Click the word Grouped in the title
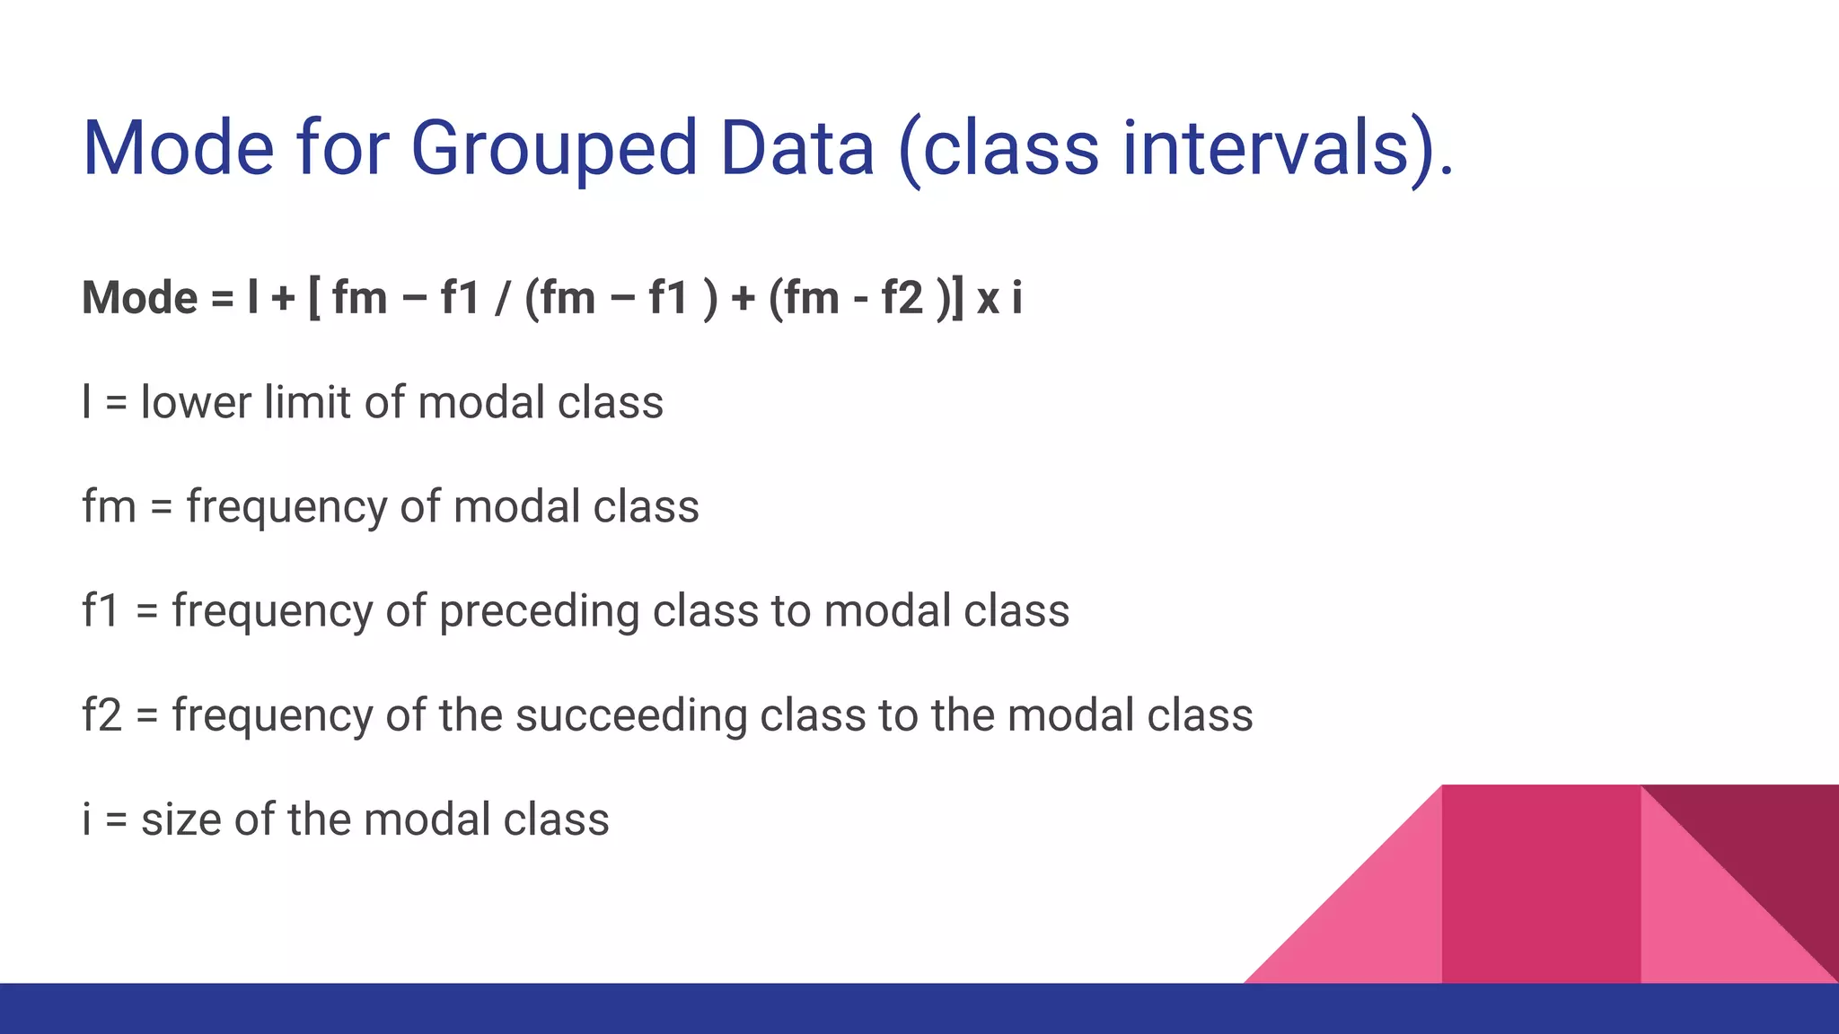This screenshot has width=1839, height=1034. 554,149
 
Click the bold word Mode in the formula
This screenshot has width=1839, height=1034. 139,298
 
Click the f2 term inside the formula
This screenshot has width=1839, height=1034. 902,298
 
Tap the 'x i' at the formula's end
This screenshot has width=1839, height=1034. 999,298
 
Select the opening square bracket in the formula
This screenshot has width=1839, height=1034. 313,298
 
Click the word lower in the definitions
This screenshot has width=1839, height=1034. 196,402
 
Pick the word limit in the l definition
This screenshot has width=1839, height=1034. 307,402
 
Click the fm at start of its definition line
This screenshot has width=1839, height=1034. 108,506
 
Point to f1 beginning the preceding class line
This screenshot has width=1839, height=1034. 100,611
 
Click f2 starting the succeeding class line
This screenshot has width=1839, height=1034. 101,716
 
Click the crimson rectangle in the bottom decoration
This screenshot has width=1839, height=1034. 1541,884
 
